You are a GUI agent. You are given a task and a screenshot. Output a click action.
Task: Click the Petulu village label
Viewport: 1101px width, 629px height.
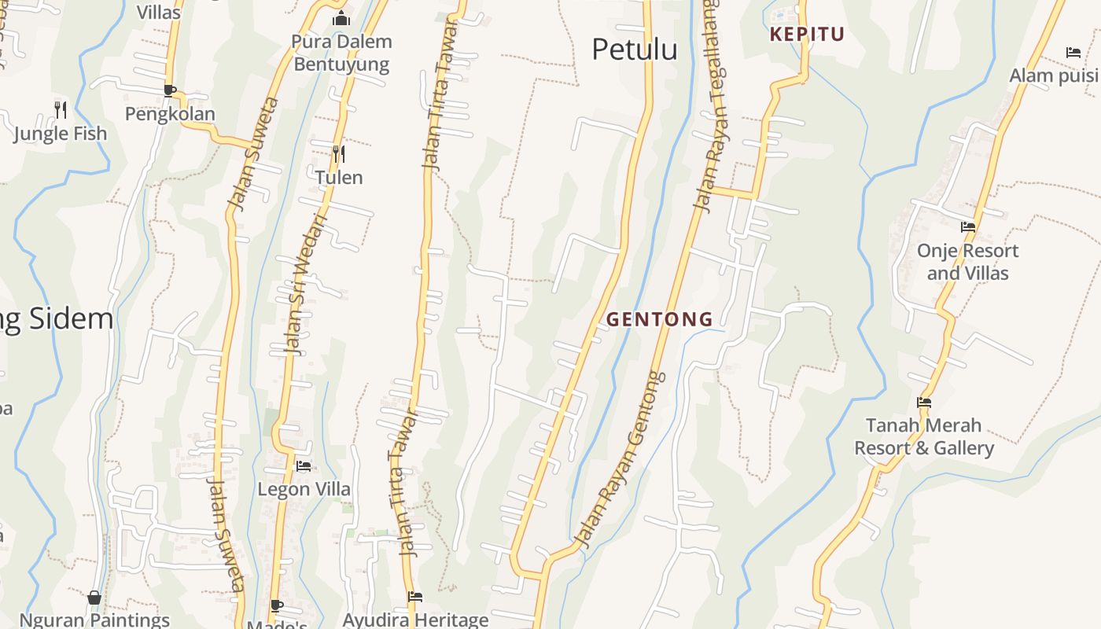point(634,50)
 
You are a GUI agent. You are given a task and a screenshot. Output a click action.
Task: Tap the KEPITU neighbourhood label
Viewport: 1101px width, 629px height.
point(807,35)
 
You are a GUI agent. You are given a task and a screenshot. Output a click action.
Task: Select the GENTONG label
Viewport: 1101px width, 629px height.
point(660,319)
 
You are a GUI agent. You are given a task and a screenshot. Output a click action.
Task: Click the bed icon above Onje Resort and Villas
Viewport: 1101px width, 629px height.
point(968,227)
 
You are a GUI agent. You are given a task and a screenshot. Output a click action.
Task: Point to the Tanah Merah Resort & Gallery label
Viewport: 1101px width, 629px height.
point(924,436)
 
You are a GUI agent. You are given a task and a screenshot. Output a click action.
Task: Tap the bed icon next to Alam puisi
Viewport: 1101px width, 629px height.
point(1073,53)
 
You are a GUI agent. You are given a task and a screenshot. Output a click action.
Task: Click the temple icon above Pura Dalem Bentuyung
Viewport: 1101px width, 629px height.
point(341,18)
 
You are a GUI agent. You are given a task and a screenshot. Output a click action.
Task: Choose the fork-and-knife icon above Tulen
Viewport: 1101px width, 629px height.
point(339,153)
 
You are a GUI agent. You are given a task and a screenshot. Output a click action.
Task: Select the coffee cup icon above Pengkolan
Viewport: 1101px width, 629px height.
point(170,90)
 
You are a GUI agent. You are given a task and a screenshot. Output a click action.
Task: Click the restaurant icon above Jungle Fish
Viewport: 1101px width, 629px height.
point(61,109)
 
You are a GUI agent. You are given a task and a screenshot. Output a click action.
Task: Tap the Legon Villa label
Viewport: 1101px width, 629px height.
point(304,489)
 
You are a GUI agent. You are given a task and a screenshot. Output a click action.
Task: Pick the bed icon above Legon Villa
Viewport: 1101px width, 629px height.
point(304,466)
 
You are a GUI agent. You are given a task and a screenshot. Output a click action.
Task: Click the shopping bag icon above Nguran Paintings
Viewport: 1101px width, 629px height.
point(94,598)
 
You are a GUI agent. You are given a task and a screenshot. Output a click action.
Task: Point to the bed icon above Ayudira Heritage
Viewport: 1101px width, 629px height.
point(415,597)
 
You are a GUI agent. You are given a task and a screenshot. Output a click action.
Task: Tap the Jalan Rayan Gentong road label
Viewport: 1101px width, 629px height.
point(620,460)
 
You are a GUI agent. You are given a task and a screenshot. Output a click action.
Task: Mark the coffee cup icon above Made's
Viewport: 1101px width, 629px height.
point(277,605)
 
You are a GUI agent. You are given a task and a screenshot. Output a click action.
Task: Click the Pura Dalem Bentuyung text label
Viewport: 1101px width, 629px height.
point(341,53)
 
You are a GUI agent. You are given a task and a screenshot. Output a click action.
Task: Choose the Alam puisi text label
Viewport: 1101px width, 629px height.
point(1055,75)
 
